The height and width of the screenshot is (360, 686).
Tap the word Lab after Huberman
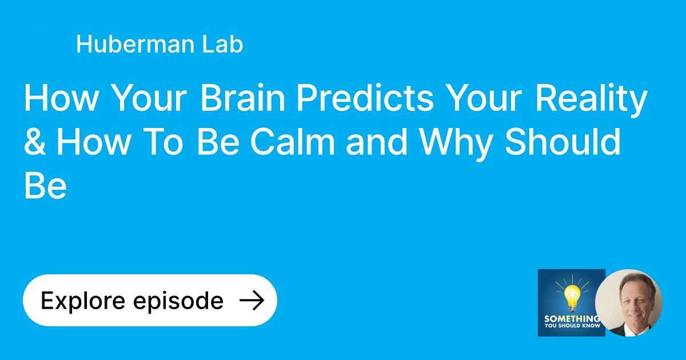click(x=224, y=45)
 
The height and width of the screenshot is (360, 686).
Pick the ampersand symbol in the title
click(x=35, y=142)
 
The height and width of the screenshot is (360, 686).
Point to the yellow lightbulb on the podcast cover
click(x=572, y=294)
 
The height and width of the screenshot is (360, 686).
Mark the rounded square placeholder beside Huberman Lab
click(x=43, y=43)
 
